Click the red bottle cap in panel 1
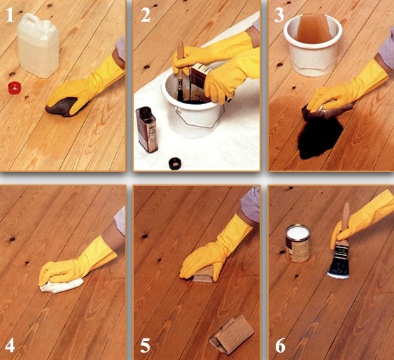click(14, 88)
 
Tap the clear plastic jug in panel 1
click(38, 45)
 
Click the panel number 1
click(10, 15)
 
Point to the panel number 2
click(146, 15)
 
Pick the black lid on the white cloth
click(175, 164)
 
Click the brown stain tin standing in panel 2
click(147, 129)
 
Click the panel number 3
click(279, 15)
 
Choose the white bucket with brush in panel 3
click(313, 45)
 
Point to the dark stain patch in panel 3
click(320, 138)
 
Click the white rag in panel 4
click(62, 286)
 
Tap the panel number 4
click(10, 345)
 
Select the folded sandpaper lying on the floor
click(232, 335)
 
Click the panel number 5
click(146, 345)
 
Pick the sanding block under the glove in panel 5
click(203, 275)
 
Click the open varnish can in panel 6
click(297, 243)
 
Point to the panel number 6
click(280, 345)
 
